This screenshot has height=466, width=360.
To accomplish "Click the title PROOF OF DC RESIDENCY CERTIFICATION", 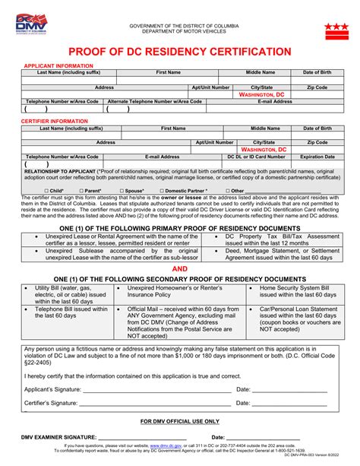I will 180,51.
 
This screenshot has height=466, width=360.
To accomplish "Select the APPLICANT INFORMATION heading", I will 52,66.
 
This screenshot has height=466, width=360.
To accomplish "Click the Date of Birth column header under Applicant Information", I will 317,72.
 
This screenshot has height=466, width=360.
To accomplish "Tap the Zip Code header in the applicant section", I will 317,87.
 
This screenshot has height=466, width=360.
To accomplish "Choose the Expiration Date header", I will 317,156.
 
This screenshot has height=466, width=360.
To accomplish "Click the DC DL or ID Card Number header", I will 257,156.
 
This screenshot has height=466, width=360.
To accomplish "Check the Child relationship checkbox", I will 47,191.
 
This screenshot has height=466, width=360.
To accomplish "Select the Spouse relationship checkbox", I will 122,191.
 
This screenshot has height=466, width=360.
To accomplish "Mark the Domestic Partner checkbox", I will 162,191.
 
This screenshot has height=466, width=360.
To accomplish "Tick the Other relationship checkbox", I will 227,191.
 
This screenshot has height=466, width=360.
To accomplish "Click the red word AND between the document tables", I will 180,268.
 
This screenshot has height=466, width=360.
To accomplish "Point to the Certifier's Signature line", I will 152,402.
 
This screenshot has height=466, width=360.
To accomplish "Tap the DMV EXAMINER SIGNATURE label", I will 60,437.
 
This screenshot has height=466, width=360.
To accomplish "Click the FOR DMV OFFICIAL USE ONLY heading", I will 180,420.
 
